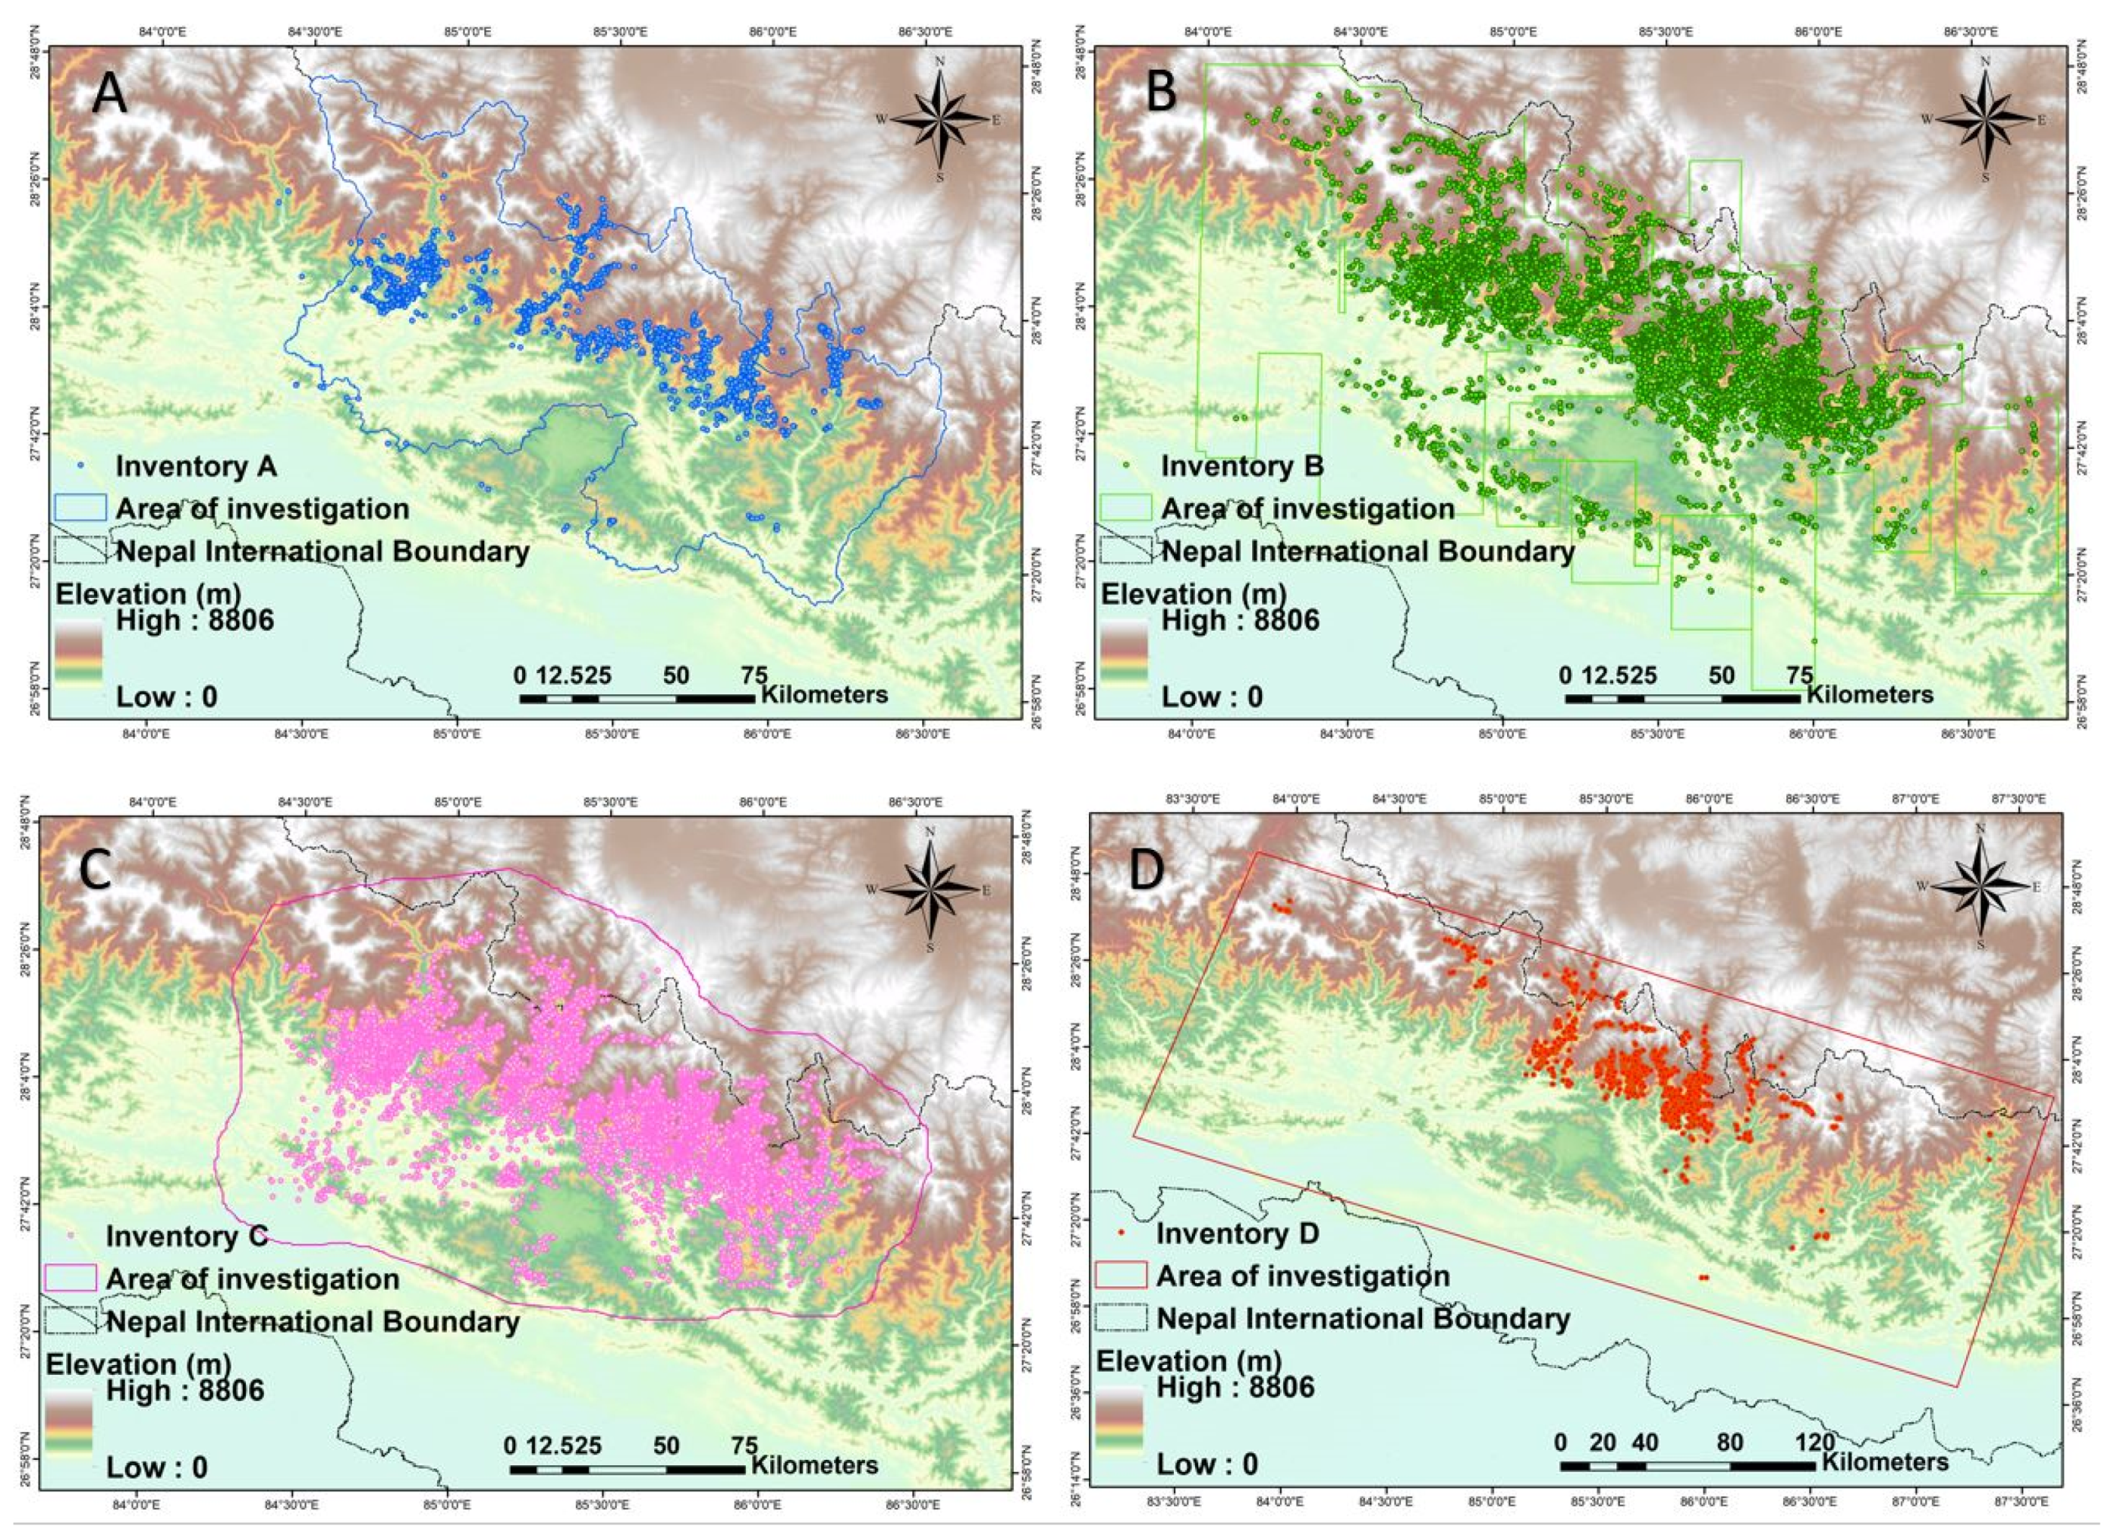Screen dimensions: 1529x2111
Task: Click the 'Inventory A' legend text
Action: [196, 465]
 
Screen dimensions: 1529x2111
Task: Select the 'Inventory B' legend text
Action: [1241, 465]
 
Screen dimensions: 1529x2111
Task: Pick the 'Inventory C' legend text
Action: [186, 1236]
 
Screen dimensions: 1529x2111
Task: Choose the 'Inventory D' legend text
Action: [1237, 1234]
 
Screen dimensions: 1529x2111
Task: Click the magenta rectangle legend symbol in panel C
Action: [71, 1279]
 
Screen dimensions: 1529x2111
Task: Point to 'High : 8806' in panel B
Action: [1240, 620]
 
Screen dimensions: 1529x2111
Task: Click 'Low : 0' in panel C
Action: [156, 1468]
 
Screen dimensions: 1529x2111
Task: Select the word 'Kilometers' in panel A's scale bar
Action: [825, 694]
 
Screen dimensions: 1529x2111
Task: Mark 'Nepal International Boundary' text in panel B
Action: [1367, 551]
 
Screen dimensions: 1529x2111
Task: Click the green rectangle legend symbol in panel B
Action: [1125, 508]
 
